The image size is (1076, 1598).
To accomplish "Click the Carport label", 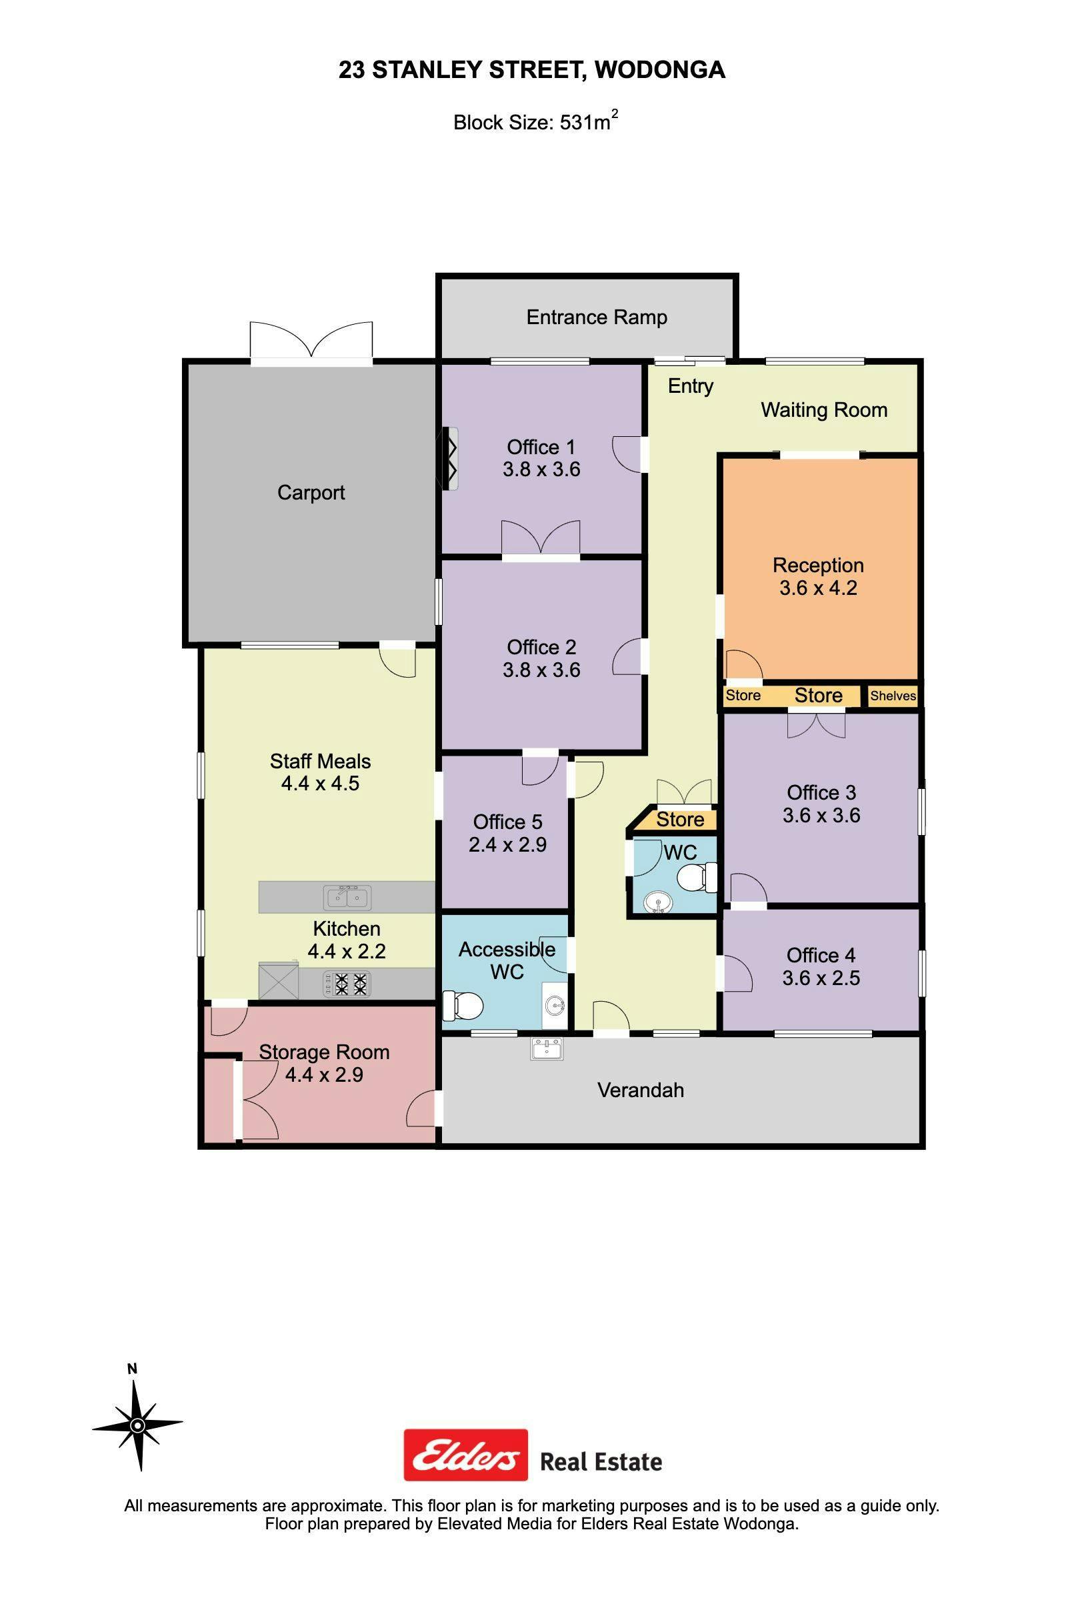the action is (x=311, y=492).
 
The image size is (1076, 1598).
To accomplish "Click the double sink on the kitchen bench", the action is (x=347, y=896).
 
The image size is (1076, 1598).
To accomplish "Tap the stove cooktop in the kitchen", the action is (x=347, y=984).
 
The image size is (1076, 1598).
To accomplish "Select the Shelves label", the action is (x=893, y=696).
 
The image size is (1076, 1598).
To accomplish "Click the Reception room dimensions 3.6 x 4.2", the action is (x=818, y=588).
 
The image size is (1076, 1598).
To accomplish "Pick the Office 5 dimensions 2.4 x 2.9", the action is (x=507, y=844).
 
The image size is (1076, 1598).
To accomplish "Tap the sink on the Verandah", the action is (x=547, y=1049).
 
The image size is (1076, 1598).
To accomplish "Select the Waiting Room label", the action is (x=824, y=410).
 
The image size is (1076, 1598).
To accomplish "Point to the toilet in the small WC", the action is (x=697, y=877).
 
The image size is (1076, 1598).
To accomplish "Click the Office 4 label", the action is (x=821, y=955).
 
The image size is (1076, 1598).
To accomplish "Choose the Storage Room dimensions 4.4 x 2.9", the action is (x=324, y=1074).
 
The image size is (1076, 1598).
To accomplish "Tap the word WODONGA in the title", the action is (x=659, y=70).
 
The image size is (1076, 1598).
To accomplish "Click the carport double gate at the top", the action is (x=311, y=342).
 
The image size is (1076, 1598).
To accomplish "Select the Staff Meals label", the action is (x=321, y=760).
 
